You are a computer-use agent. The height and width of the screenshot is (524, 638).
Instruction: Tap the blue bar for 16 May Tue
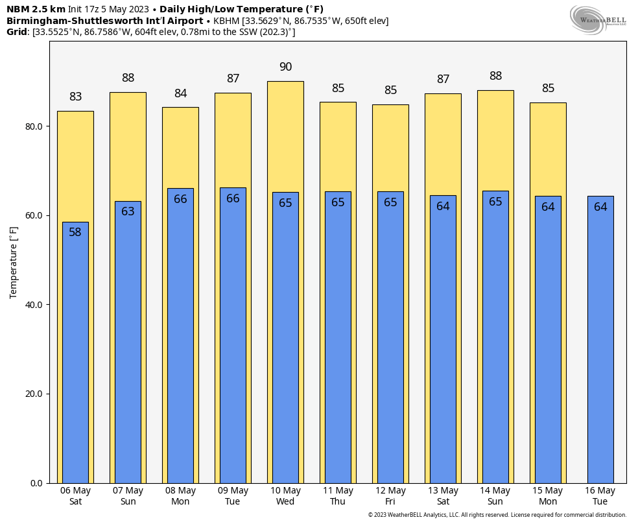tap(600, 344)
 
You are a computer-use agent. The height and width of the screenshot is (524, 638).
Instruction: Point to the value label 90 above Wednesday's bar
tap(285, 67)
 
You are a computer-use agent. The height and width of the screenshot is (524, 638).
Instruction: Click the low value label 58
tap(75, 232)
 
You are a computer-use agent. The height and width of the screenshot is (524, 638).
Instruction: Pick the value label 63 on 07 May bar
tap(128, 211)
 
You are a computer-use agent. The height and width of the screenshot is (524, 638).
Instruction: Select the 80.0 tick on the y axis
tap(32, 126)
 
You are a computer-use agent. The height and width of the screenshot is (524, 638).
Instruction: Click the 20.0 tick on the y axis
tap(32, 394)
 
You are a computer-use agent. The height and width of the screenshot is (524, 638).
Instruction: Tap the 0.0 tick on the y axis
tap(36, 483)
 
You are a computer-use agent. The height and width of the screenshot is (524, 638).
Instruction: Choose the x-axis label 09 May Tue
tap(233, 496)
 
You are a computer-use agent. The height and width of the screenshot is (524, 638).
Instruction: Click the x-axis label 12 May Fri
tap(390, 496)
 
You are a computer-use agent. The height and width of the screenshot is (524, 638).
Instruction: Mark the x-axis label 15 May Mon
tap(548, 496)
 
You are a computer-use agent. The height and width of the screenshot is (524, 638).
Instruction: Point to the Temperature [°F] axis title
tap(14, 262)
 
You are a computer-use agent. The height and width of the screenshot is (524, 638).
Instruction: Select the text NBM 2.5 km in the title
tap(36, 9)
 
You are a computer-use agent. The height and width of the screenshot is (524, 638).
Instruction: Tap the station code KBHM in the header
tap(226, 21)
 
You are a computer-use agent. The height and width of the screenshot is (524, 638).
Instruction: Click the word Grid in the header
tap(17, 32)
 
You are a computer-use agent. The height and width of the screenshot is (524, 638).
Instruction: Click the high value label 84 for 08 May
tap(180, 93)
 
